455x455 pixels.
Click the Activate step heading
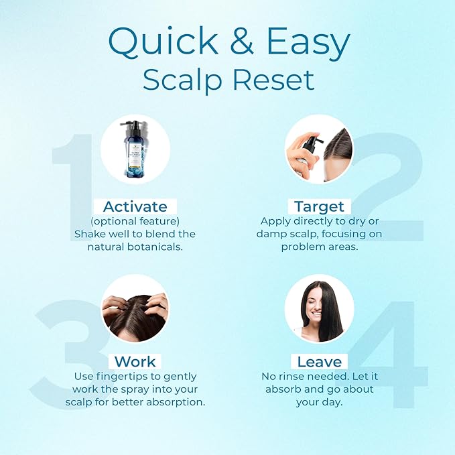click(x=135, y=206)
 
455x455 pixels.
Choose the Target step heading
click(x=319, y=206)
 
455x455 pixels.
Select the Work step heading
click(x=135, y=362)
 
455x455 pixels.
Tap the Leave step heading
click(x=319, y=362)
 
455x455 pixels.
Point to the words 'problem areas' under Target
click(x=319, y=247)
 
